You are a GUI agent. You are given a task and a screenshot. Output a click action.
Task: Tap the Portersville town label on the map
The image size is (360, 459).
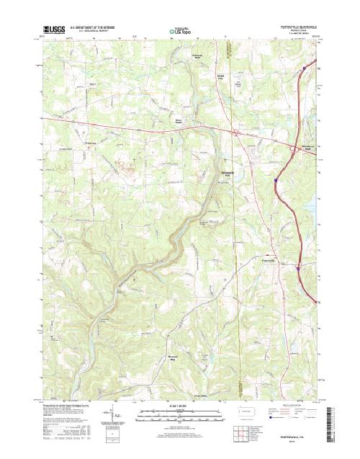pos(269,260)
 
